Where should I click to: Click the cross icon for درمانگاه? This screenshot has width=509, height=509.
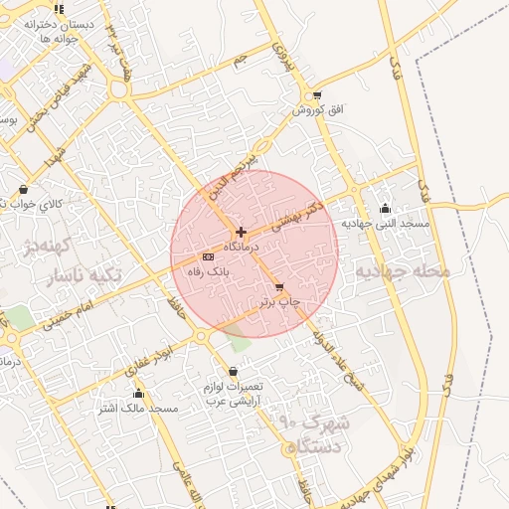pos(241,232)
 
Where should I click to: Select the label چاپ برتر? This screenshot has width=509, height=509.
pos(280,300)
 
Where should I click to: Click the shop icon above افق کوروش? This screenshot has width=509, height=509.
pos(316,96)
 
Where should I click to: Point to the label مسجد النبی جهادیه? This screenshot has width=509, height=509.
pos(386,224)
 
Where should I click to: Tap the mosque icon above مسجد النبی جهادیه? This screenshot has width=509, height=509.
pos(386,208)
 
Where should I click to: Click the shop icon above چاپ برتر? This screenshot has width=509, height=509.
pos(279,286)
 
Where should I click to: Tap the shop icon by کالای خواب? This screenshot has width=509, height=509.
pos(23,189)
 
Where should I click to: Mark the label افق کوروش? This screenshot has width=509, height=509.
pos(317,109)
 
